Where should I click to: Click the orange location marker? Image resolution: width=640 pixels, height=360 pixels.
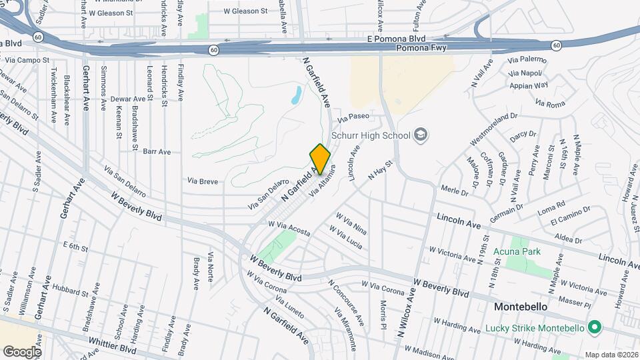point(321,159)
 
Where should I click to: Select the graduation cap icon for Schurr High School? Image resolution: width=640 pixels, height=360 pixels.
point(421,135)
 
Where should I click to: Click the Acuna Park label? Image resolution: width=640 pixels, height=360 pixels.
point(517,251)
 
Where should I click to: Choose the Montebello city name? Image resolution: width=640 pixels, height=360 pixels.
point(521,307)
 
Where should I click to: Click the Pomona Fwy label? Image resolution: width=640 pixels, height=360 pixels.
point(423,49)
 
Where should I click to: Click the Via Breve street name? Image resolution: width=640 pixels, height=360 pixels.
point(203,181)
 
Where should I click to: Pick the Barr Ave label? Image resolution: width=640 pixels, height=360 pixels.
point(157,151)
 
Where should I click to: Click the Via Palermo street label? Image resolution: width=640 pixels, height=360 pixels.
point(527,59)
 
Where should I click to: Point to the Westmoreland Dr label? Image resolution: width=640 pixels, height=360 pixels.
point(495,129)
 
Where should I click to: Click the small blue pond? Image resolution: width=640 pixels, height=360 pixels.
point(295,97)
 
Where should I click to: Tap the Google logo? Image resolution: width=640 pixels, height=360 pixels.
point(22,351)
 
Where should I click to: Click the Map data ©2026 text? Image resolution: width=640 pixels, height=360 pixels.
point(611,355)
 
